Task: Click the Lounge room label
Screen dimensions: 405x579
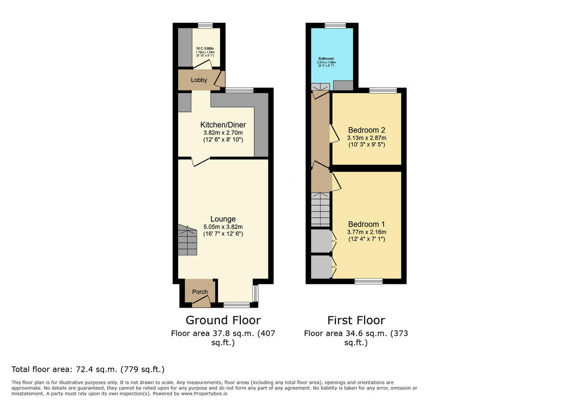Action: click(x=223, y=219)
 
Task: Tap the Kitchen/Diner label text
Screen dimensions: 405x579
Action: click(x=223, y=125)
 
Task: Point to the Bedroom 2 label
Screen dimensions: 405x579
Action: click(x=367, y=130)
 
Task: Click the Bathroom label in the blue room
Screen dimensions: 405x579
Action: click(x=326, y=59)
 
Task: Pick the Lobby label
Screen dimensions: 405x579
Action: click(x=199, y=80)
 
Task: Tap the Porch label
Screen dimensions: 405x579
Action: click(x=200, y=292)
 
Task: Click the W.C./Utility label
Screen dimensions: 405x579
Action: click(x=205, y=49)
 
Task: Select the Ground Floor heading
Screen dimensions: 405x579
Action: click(x=223, y=320)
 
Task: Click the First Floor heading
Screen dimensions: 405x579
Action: click(x=356, y=320)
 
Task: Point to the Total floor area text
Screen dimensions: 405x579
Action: click(x=88, y=370)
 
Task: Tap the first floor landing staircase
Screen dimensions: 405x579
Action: click(x=320, y=210)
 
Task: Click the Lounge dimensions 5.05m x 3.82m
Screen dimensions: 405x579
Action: click(x=223, y=227)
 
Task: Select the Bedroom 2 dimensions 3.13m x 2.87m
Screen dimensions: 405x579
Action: click(x=367, y=138)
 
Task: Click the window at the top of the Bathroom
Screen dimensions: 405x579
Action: click(x=335, y=26)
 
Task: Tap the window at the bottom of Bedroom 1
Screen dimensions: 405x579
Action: click(x=369, y=281)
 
